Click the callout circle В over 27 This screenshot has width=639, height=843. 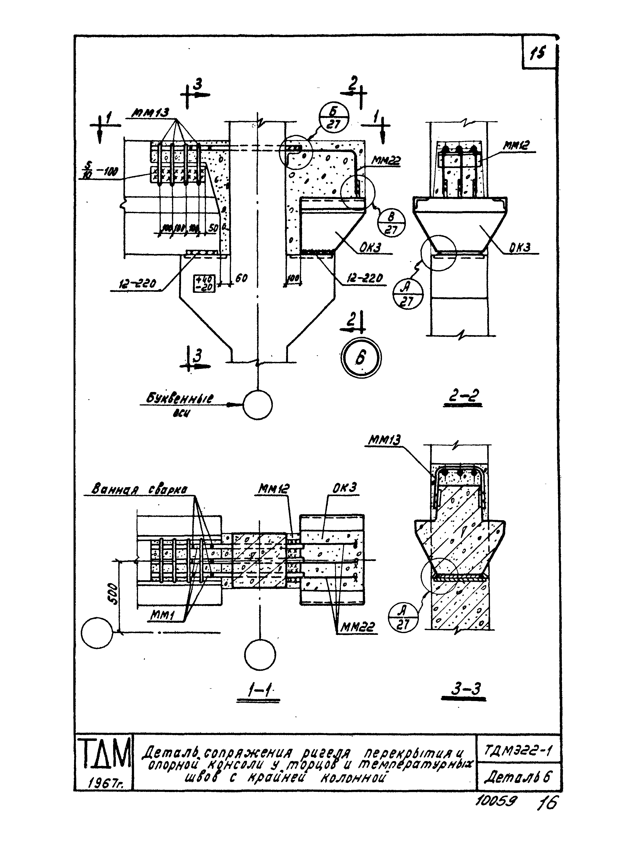click(x=391, y=223)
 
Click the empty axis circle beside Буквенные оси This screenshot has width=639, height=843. click(x=258, y=405)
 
